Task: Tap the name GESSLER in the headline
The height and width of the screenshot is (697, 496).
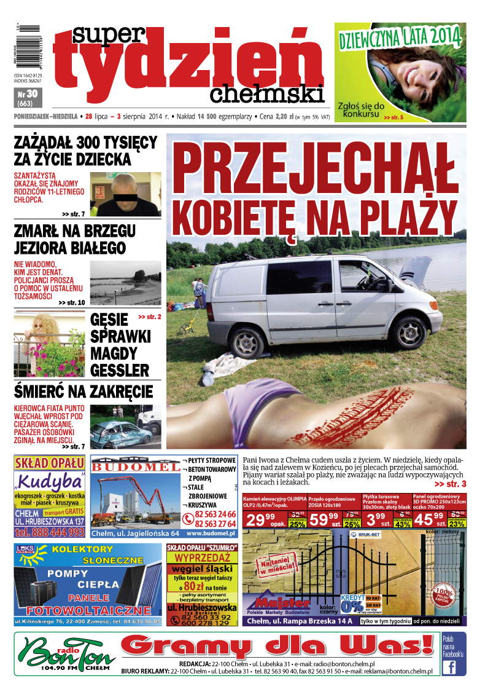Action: (x=119, y=371)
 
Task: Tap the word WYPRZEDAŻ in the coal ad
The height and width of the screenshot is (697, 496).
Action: (x=202, y=557)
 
